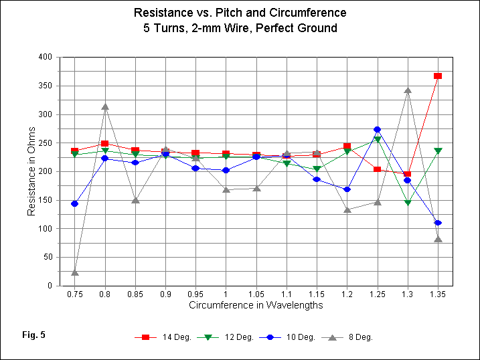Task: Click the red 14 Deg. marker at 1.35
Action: [x=438, y=76]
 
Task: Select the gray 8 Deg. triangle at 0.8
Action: [x=105, y=106]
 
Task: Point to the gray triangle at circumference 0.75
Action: [x=75, y=272]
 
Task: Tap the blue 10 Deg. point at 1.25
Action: [x=377, y=129]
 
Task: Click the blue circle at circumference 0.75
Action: [x=75, y=203]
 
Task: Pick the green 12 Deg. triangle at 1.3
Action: [x=407, y=203]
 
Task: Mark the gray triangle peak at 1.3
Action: [x=408, y=90]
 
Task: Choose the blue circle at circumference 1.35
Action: [x=438, y=223]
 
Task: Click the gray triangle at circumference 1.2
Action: [x=347, y=209]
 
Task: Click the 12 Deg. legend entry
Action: [x=226, y=337]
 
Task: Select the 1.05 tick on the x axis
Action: [x=256, y=294]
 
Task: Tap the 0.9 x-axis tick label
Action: [x=165, y=294]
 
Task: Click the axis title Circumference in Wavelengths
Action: [x=256, y=306]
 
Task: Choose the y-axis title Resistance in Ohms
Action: [x=31, y=171]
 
